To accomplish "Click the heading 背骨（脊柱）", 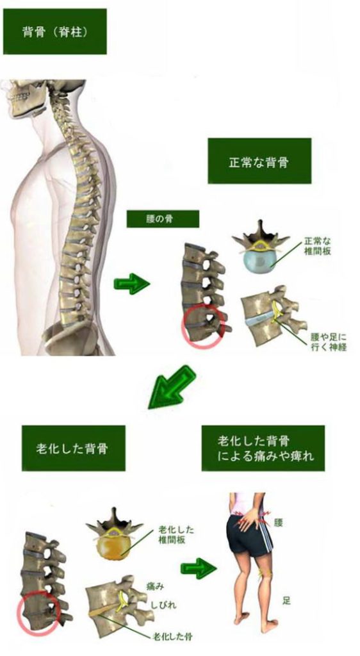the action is [x=55, y=32].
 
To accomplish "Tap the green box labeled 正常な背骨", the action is [x=259, y=161].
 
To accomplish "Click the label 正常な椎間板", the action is [x=318, y=247].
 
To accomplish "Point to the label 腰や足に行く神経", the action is [x=328, y=341].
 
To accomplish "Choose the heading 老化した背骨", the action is [x=73, y=448].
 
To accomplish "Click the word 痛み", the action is [x=155, y=587].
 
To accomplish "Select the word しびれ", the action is [x=163, y=605].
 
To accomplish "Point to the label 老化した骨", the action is [x=172, y=637].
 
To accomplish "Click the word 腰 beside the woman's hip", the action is [x=279, y=523].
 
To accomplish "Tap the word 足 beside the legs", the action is [x=286, y=601].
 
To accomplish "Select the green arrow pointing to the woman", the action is [x=199, y=568].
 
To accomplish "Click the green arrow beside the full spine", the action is [x=132, y=284].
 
